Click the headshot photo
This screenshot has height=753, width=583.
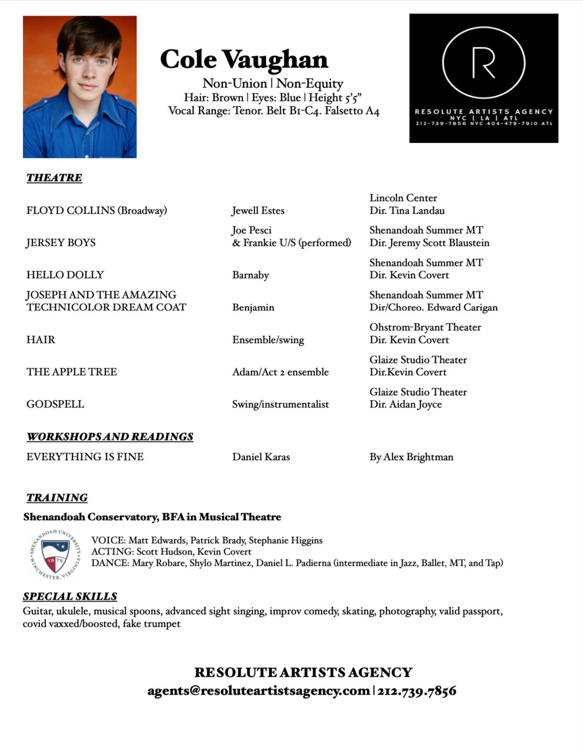(x=80, y=87)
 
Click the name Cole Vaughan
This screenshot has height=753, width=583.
(x=244, y=60)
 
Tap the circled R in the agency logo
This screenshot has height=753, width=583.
(x=484, y=63)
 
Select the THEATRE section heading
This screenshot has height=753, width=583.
(x=54, y=178)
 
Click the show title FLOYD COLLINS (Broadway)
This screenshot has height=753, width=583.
(x=97, y=211)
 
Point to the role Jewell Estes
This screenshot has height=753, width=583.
(x=258, y=211)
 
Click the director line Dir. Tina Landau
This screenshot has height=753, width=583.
(x=407, y=211)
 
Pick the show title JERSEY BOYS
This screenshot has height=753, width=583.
(x=61, y=243)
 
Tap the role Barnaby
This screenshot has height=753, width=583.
(x=251, y=275)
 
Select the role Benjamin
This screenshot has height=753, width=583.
(x=253, y=307)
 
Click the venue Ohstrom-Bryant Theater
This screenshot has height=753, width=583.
(x=425, y=327)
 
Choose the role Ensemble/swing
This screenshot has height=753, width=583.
(x=268, y=340)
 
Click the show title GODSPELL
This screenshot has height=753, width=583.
(x=55, y=404)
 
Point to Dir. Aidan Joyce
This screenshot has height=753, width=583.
(x=405, y=404)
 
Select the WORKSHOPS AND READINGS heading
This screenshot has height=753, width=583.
(x=110, y=437)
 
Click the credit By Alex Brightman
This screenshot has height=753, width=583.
(x=411, y=457)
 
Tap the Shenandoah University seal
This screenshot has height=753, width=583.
(x=55, y=555)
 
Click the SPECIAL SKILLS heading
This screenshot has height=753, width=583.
(x=70, y=596)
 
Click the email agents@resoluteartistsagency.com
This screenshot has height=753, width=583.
(x=258, y=691)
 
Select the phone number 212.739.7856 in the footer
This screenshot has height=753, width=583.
(x=417, y=691)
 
